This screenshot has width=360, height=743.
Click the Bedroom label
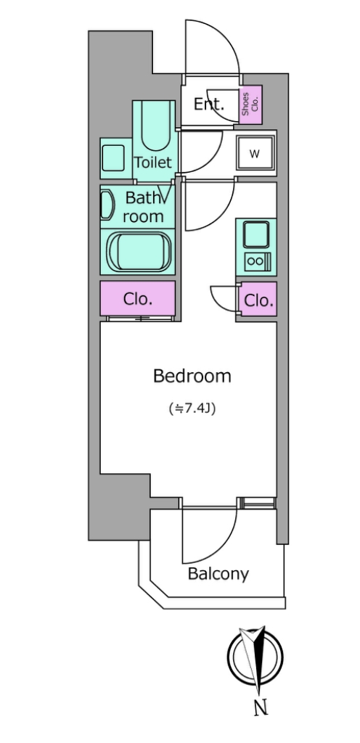coord(192,376)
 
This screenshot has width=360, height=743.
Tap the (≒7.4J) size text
coord(192,409)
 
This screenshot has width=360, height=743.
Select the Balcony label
coord(218,574)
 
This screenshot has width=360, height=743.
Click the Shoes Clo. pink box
coord(250,104)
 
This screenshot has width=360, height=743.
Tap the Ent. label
coord(208,104)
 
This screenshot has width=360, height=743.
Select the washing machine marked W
coord(255,154)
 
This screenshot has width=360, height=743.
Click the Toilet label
coord(152,163)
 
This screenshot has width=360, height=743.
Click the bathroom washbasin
coord(107,205)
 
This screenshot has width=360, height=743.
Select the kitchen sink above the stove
coord(255,235)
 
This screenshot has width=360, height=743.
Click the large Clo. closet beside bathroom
coord(137,298)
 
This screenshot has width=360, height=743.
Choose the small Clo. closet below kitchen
coord(258,300)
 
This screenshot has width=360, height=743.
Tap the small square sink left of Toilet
coord(113,157)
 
